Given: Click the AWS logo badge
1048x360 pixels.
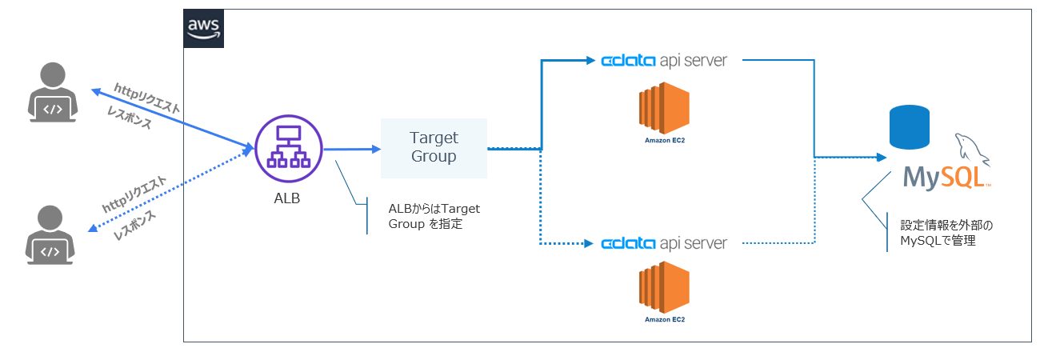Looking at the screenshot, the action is point(203,28).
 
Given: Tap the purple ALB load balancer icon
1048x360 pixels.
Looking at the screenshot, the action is point(289,149).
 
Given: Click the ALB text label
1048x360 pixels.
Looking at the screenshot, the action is point(286,198).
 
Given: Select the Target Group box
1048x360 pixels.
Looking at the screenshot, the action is point(434,148).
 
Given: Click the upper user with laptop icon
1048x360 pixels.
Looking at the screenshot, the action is point(53,92).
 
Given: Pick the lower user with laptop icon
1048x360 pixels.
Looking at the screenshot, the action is point(50,235).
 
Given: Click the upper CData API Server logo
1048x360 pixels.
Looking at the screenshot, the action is point(664,61).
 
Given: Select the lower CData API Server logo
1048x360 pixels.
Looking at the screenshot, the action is point(664,243).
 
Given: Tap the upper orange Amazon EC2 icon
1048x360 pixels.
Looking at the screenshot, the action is point(664,108).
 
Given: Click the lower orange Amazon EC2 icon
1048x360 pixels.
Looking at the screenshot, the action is point(664,287).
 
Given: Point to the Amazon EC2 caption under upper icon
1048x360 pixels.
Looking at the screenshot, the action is point(665,141).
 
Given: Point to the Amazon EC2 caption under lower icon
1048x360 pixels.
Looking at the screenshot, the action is point(665,320).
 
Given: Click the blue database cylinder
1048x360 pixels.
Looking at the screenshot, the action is point(909,127).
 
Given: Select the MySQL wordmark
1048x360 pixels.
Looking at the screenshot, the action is point(946,178).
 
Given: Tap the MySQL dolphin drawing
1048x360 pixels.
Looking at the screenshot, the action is point(971,150).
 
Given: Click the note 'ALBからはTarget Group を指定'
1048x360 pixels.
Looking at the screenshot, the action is point(434,216).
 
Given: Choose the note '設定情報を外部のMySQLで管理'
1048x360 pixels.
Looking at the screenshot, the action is point(946,233).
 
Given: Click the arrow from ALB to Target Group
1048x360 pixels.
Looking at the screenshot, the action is point(352,150).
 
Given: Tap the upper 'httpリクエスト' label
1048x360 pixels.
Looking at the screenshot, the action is point(147,98).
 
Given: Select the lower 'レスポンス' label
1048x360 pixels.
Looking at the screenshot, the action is point(134,225).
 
